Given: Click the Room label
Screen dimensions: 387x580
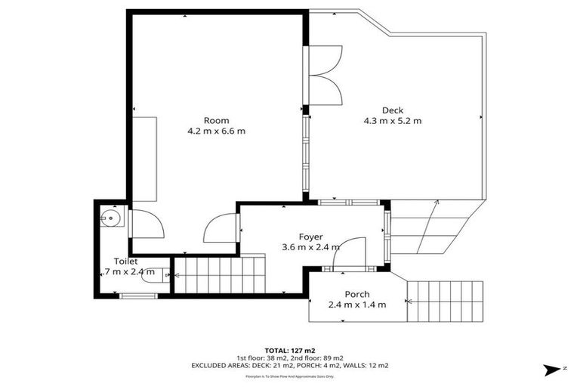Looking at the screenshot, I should pos(216,120).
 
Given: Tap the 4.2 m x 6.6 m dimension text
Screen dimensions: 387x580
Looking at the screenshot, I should pos(216,131).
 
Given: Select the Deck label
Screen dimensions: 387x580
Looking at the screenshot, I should pos(392,110).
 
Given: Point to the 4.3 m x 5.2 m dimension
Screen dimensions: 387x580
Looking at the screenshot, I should pos(392,121).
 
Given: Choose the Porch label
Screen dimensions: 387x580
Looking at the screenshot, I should pos(357,294).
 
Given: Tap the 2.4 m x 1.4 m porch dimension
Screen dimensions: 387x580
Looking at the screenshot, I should pos(357,305).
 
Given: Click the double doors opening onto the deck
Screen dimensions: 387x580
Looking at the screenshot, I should pos(325,74).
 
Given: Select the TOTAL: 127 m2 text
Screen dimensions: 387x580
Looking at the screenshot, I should pos(290,350).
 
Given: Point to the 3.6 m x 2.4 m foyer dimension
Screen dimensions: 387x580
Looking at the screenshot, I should pos(310,247).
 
